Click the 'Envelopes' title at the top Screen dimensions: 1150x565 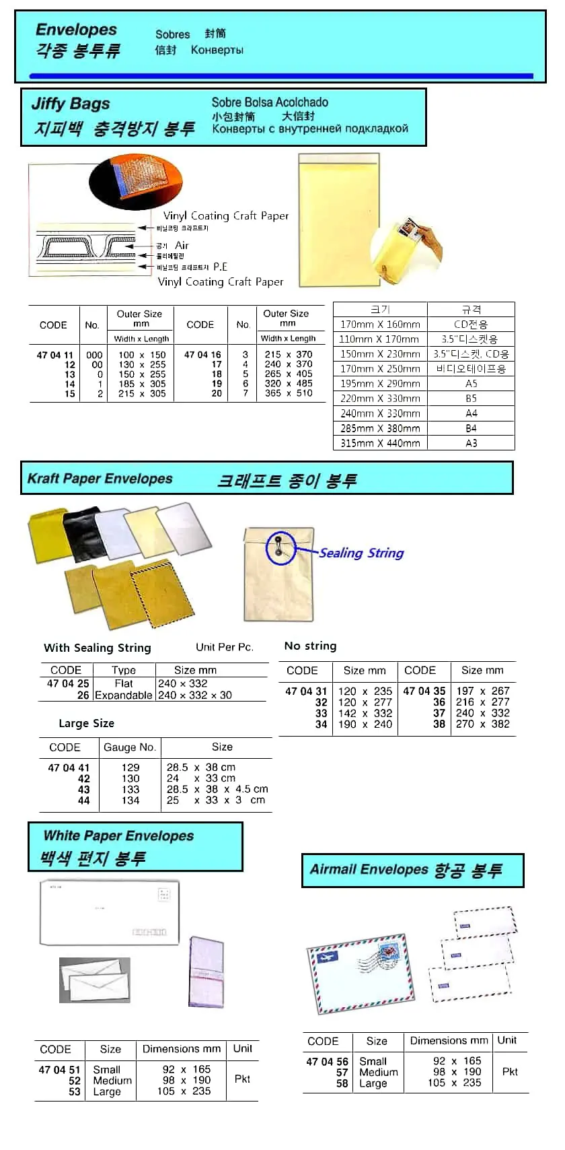[x=76, y=30]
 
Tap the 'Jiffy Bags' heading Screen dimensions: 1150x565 [x=71, y=104]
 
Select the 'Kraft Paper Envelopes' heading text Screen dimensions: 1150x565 [x=100, y=479]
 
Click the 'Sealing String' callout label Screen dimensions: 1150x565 [x=361, y=553]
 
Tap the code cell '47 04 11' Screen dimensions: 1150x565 [x=54, y=355]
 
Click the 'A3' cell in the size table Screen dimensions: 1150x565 [x=471, y=443]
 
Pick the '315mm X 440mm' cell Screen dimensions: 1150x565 [x=380, y=443]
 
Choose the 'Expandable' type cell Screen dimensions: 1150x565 [x=124, y=695]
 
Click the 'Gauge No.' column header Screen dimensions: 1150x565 [x=130, y=747]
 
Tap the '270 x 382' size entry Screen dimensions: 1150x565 [x=483, y=724]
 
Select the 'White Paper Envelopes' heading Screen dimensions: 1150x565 [x=118, y=836]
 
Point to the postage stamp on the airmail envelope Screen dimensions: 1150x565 [x=389, y=955]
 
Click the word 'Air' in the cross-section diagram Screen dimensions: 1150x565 [x=182, y=246]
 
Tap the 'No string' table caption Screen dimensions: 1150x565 [x=310, y=646]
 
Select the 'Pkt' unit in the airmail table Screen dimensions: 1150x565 [x=510, y=1071]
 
